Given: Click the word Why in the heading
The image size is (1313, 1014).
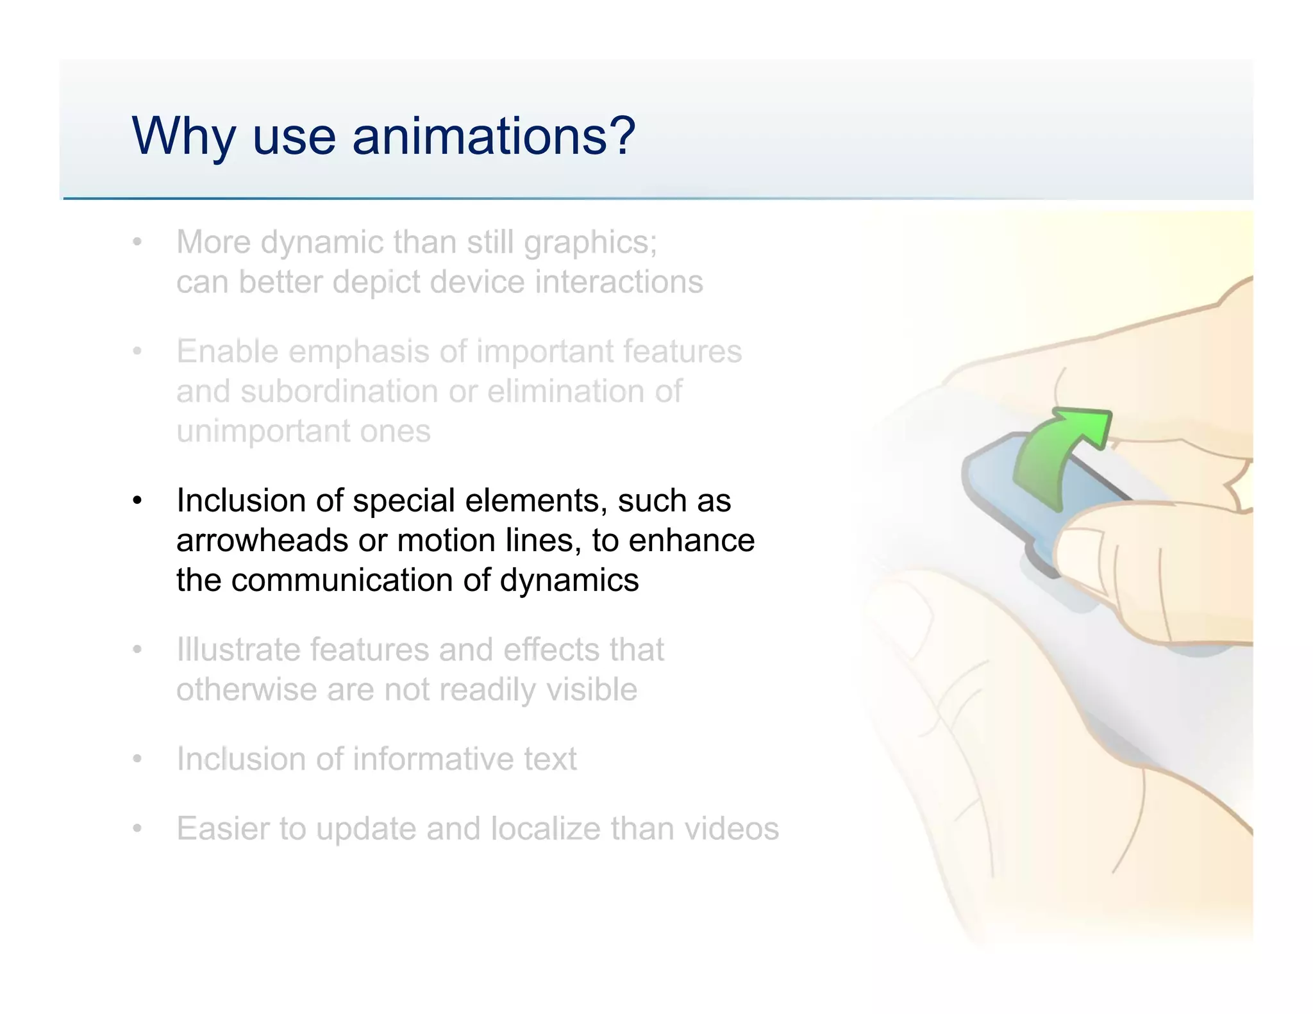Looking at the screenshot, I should click(x=183, y=137).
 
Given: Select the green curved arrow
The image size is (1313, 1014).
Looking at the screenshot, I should click(x=1051, y=459).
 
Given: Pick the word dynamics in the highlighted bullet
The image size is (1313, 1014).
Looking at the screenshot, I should click(x=569, y=581).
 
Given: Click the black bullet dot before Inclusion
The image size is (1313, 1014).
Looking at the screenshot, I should click(x=137, y=501).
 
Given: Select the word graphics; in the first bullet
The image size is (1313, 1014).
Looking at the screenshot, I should click(x=590, y=243).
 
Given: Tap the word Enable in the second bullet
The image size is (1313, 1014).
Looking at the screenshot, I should click(x=228, y=352).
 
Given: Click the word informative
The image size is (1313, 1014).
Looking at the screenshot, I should click(x=433, y=760).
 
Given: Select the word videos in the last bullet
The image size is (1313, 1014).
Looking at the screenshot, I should click(x=732, y=829).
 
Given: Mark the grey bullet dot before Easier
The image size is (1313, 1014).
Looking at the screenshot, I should click(x=137, y=829).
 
